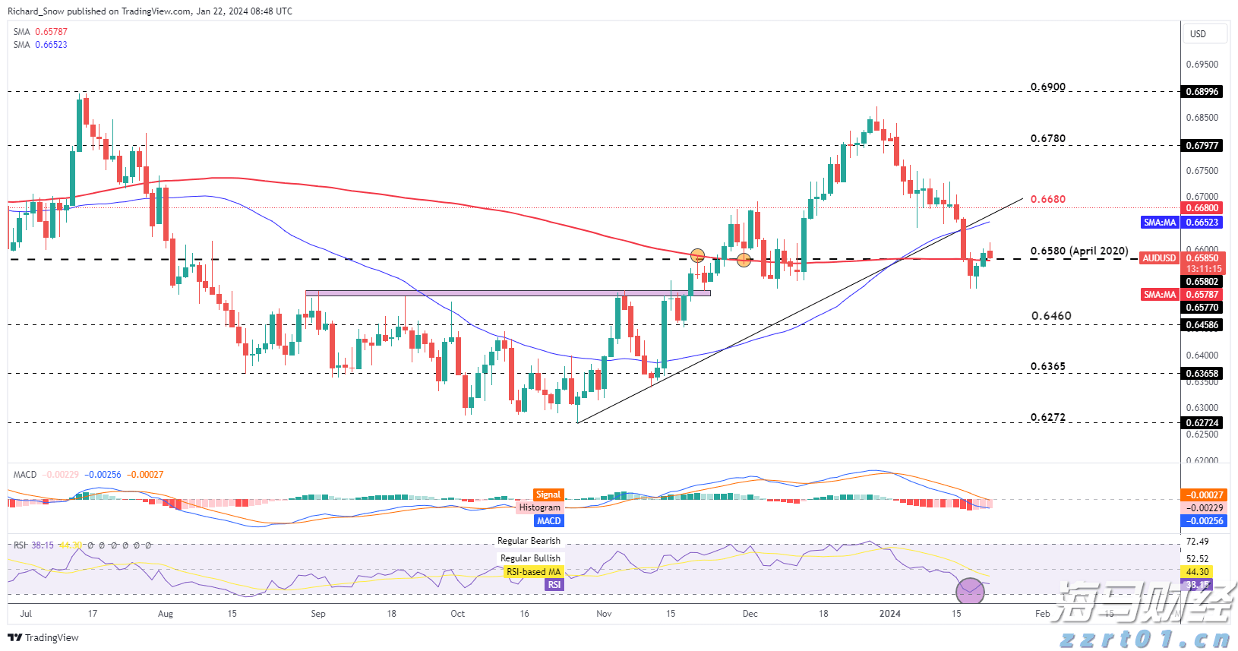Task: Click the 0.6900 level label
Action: click(1047, 87)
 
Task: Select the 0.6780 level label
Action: click(1047, 138)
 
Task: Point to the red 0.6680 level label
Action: click(1047, 199)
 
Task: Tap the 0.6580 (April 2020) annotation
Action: click(1079, 251)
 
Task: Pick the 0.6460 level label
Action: click(1051, 316)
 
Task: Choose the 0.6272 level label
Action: click(1047, 417)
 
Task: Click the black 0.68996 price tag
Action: click(1202, 92)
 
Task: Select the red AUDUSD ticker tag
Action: click(1159, 258)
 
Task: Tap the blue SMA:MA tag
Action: click(1160, 223)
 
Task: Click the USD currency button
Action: click(1198, 34)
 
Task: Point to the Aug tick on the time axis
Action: click(165, 614)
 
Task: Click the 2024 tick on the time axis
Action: click(889, 614)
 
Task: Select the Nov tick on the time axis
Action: click(604, 614)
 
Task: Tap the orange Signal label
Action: click(548, 495)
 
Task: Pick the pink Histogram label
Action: click(539, 507)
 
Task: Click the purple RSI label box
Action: click(554, 585)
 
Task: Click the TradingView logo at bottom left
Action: click(43, 637)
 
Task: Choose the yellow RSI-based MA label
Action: click(533, 572)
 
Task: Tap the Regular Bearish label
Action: click(529, 541)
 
